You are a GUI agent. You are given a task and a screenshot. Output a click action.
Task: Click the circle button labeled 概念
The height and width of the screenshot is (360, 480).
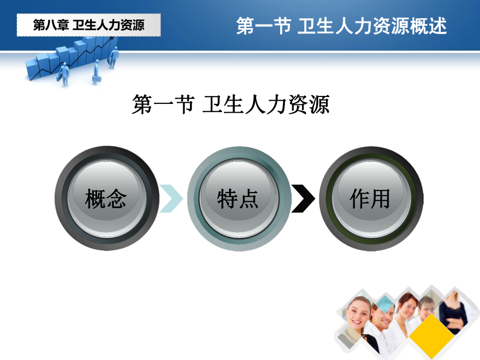(x=106, y=198)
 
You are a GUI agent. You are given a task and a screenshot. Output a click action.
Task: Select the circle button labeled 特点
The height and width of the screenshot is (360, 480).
(x=238, y=198)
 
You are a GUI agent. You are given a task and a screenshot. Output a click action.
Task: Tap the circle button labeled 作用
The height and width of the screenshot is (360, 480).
(x=370, y=198)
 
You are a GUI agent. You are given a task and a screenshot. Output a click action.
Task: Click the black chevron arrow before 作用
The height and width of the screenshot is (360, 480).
(x=303, y=198)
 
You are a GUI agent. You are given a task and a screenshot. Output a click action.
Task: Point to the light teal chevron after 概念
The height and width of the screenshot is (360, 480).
(x=171, y=198)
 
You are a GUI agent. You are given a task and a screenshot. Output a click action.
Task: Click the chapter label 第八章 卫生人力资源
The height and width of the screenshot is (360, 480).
(x=89, y=25)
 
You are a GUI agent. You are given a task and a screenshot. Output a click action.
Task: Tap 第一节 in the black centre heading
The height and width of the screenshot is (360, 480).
(x=156, y=104)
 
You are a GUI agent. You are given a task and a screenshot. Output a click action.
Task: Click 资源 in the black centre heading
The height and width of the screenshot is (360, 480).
(x=310, y=104)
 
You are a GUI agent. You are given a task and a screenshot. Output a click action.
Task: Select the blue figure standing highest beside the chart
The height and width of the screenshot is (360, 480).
(x=113, y=56)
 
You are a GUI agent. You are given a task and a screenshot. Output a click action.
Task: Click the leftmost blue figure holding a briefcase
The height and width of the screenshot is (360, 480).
(x=64, y=74)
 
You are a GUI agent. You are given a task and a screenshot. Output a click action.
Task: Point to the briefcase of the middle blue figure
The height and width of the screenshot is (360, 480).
(x=95, y=79)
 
